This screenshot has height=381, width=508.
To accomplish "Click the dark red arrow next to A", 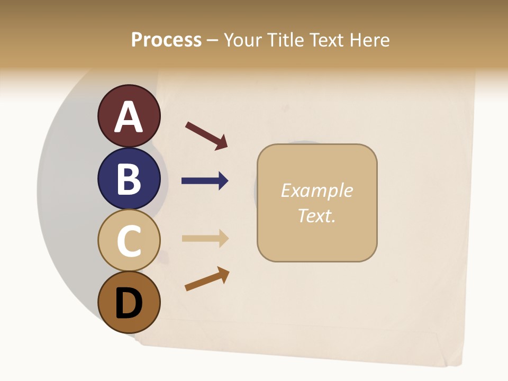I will tap(207, 135).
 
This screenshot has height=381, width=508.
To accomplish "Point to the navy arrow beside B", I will tap(205, 181).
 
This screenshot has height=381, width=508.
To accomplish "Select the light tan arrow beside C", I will tap(205, 238).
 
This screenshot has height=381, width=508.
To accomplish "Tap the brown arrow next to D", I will tap(207, 279).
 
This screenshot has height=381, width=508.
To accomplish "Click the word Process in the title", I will tap(166, 40).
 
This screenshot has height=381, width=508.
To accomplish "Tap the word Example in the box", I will tap(316, 190).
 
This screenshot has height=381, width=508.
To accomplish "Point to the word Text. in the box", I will tap(316, 215).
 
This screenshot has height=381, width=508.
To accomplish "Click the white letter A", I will tap(129, 117).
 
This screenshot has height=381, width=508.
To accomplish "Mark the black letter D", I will tap(129, 304).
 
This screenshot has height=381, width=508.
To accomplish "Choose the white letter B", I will tap(129, 179).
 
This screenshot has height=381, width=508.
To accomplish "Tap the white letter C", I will tap(129, 241).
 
